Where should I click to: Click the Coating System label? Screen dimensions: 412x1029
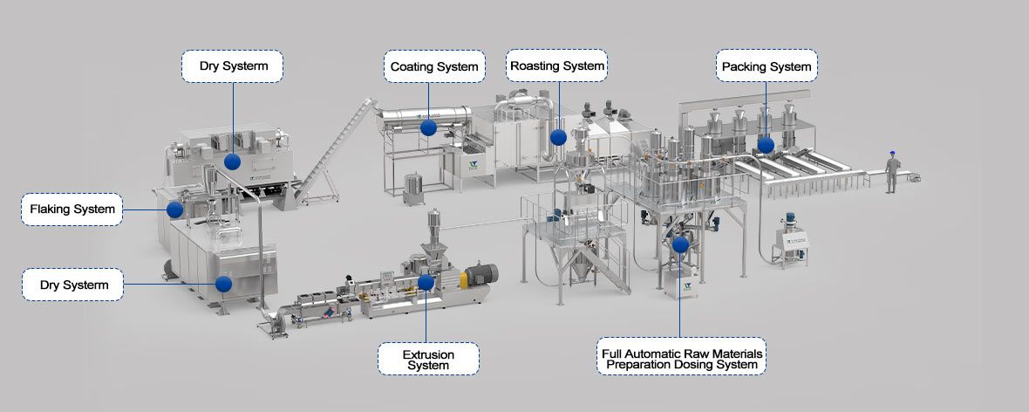point(434,66)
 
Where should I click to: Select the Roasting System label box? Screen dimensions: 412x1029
point(556,65)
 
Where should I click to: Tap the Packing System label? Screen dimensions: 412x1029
point(767,66)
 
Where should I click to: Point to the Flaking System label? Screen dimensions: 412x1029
point(72,209)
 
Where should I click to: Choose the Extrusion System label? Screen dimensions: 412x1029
point(428,359)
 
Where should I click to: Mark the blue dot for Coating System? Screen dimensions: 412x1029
point(428,127)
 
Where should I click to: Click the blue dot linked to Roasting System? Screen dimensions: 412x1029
point(558,137)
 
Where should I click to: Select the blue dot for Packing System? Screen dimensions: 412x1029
point(766,145)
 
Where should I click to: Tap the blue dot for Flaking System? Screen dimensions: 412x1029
point(174,209)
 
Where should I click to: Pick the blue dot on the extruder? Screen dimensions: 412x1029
point(426,282)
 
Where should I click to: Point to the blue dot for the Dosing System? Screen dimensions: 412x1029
point(680,244)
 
